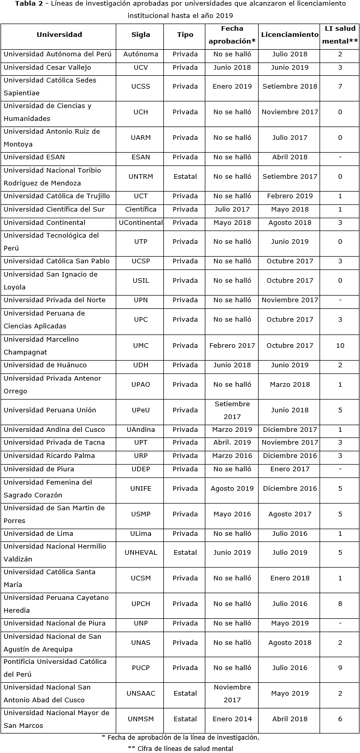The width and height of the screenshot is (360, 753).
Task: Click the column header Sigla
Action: [x=141, y=35]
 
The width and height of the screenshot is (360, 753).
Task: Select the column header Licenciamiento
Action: [x=289, y=35]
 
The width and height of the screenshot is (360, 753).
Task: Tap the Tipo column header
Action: [x=185, y=35]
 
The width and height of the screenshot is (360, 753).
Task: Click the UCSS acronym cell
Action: [x=141, y=87]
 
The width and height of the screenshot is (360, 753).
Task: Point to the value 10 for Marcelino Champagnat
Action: [x=340, y=346]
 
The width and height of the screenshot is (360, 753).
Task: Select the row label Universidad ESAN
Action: [x=34, y=157]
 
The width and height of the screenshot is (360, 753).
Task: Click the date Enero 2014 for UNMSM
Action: [x=232, y=719]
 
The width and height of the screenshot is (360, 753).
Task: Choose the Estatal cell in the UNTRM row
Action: [x=185, y=177]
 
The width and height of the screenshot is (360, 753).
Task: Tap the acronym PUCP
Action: [x=141, y=668]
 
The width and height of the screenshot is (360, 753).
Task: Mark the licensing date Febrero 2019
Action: [x=289, y=196]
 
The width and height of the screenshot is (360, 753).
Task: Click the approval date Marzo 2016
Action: [x=232, y=456]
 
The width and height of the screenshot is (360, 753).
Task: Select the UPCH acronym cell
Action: [x=141, y=604]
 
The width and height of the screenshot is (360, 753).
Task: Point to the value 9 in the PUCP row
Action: [x=340, y=668]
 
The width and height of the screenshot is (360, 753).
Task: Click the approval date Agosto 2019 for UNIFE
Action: [x=232, y=489]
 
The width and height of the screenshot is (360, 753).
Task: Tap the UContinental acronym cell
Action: [x=141, y=223]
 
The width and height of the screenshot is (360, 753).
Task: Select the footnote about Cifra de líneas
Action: [x=180, y=748]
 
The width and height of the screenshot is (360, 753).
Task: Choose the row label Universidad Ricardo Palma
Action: [x=49, y=456]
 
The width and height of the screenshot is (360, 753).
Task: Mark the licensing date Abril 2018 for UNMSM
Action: [x=289, y=719]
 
